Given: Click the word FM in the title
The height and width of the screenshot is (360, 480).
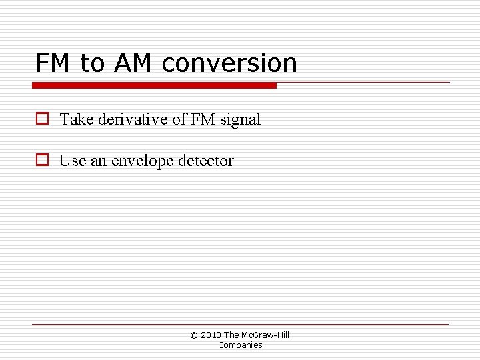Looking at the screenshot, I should [53, 63].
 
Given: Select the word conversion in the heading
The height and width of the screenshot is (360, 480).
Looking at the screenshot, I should [229, 63].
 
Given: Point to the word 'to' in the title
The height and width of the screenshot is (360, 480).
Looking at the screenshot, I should [92, 63].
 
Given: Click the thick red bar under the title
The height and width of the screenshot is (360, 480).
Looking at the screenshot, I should [154, 85].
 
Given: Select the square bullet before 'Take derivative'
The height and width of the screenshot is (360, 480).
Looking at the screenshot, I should [42, 119].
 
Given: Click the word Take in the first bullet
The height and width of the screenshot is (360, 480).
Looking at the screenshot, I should [76, 120].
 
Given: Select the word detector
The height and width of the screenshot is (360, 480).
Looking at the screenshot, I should [206, 161].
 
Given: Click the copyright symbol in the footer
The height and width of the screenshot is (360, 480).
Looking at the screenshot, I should [194, 335].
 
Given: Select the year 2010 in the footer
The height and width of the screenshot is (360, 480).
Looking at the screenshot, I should [211, 335].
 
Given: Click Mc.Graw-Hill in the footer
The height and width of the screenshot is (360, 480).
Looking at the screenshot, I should [265, 335].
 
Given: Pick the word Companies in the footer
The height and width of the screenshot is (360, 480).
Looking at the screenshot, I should [240, 345].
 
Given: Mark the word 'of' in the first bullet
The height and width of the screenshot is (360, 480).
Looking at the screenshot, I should [179, 120].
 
